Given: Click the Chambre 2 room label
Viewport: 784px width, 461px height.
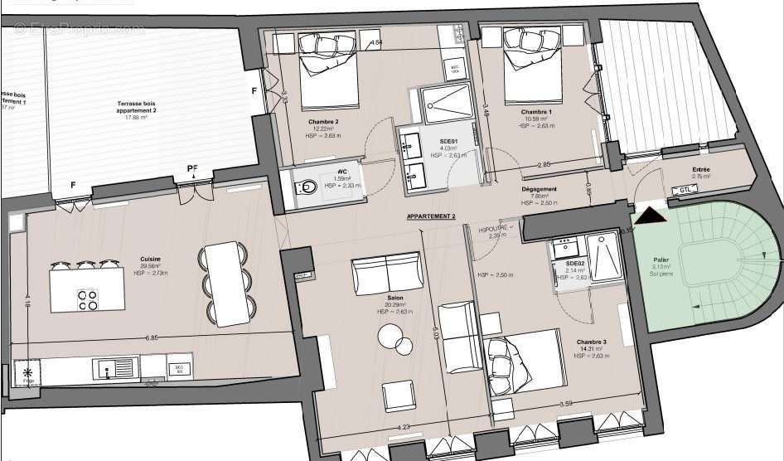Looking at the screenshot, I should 319,121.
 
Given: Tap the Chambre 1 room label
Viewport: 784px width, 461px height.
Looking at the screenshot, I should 536,112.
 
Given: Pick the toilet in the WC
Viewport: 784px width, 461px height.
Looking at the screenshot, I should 306,188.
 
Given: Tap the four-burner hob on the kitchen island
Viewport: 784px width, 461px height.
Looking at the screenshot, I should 88,299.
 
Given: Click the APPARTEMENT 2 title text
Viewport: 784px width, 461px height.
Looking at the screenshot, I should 431,216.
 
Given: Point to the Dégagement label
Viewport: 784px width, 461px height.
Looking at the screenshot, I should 540,190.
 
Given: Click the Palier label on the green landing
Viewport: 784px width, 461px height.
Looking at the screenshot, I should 661,260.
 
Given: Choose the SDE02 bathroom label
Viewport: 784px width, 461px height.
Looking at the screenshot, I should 575,264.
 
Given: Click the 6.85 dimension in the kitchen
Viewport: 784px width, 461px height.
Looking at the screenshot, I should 152,338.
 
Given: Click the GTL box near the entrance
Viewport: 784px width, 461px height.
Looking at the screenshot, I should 685,191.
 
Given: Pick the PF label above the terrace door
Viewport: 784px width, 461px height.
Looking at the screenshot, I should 192,169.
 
